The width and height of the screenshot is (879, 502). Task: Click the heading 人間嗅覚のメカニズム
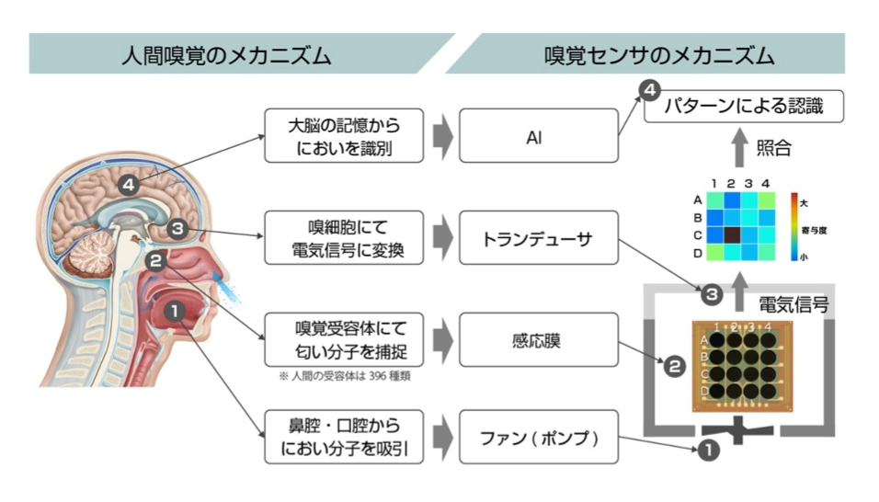click(x=226, y=55)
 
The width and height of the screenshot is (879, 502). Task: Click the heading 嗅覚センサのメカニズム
click(x=658, y=55)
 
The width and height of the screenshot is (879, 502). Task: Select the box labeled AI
click(x=538, y=136)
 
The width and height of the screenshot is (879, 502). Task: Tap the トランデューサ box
click(x=538, y=238)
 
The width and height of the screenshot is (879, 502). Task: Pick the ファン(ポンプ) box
click(x=538, y=438)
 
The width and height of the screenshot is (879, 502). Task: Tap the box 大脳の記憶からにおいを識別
click(x=344, y=136)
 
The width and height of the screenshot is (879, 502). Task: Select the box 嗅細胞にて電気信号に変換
click(x=344, y=238)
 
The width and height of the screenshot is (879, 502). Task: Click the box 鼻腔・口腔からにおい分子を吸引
click(x=344, y=438)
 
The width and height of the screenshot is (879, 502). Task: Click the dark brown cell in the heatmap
click(x=731, y=234)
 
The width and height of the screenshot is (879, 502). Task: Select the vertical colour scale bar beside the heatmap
click(x=795, y=226)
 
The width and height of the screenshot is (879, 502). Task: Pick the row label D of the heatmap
click(x=698, y=252)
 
